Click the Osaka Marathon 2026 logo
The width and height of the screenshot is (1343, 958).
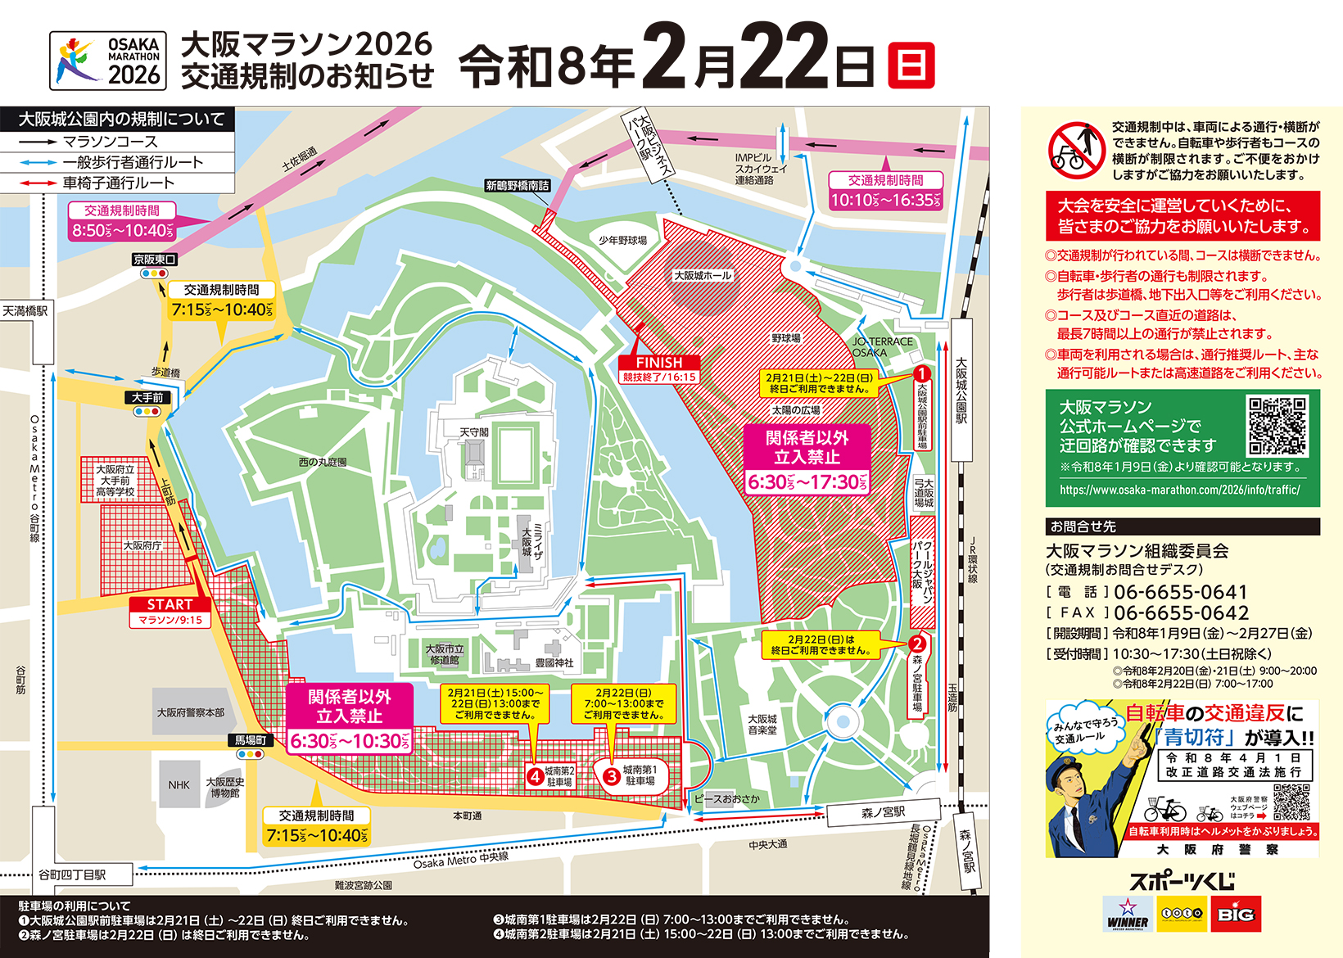click(x=108, y=61)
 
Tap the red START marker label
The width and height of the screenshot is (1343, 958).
click(x=170, y=605)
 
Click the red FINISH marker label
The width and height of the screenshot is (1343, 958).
click(x=658, y=362)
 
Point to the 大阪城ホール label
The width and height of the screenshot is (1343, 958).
click(x=703, y=276)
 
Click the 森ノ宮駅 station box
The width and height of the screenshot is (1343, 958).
click(x=883, y=813)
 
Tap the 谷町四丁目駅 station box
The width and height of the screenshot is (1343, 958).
click(x=72, y=874)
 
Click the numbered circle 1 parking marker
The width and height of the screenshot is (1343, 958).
click(x=922, y=373)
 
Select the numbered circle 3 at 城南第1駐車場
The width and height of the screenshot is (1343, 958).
click(x=611, y=776)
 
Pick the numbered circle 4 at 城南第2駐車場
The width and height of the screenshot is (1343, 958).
click(x=535, y=776)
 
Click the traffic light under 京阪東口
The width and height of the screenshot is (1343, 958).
click(x=154, y=273)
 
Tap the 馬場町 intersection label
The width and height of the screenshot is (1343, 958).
click(x=251, y=740)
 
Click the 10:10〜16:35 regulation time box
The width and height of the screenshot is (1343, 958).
click(x=886, y=200)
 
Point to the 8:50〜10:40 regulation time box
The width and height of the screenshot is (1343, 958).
click(x=122, y=230)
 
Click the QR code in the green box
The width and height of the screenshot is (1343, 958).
click(x=1277, y=426)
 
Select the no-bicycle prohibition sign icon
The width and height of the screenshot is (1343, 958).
click(x=1076, y=151)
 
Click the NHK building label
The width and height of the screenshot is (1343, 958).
click(x=179, y=785)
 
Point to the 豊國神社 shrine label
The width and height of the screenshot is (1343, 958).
click(x=554, y=662)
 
